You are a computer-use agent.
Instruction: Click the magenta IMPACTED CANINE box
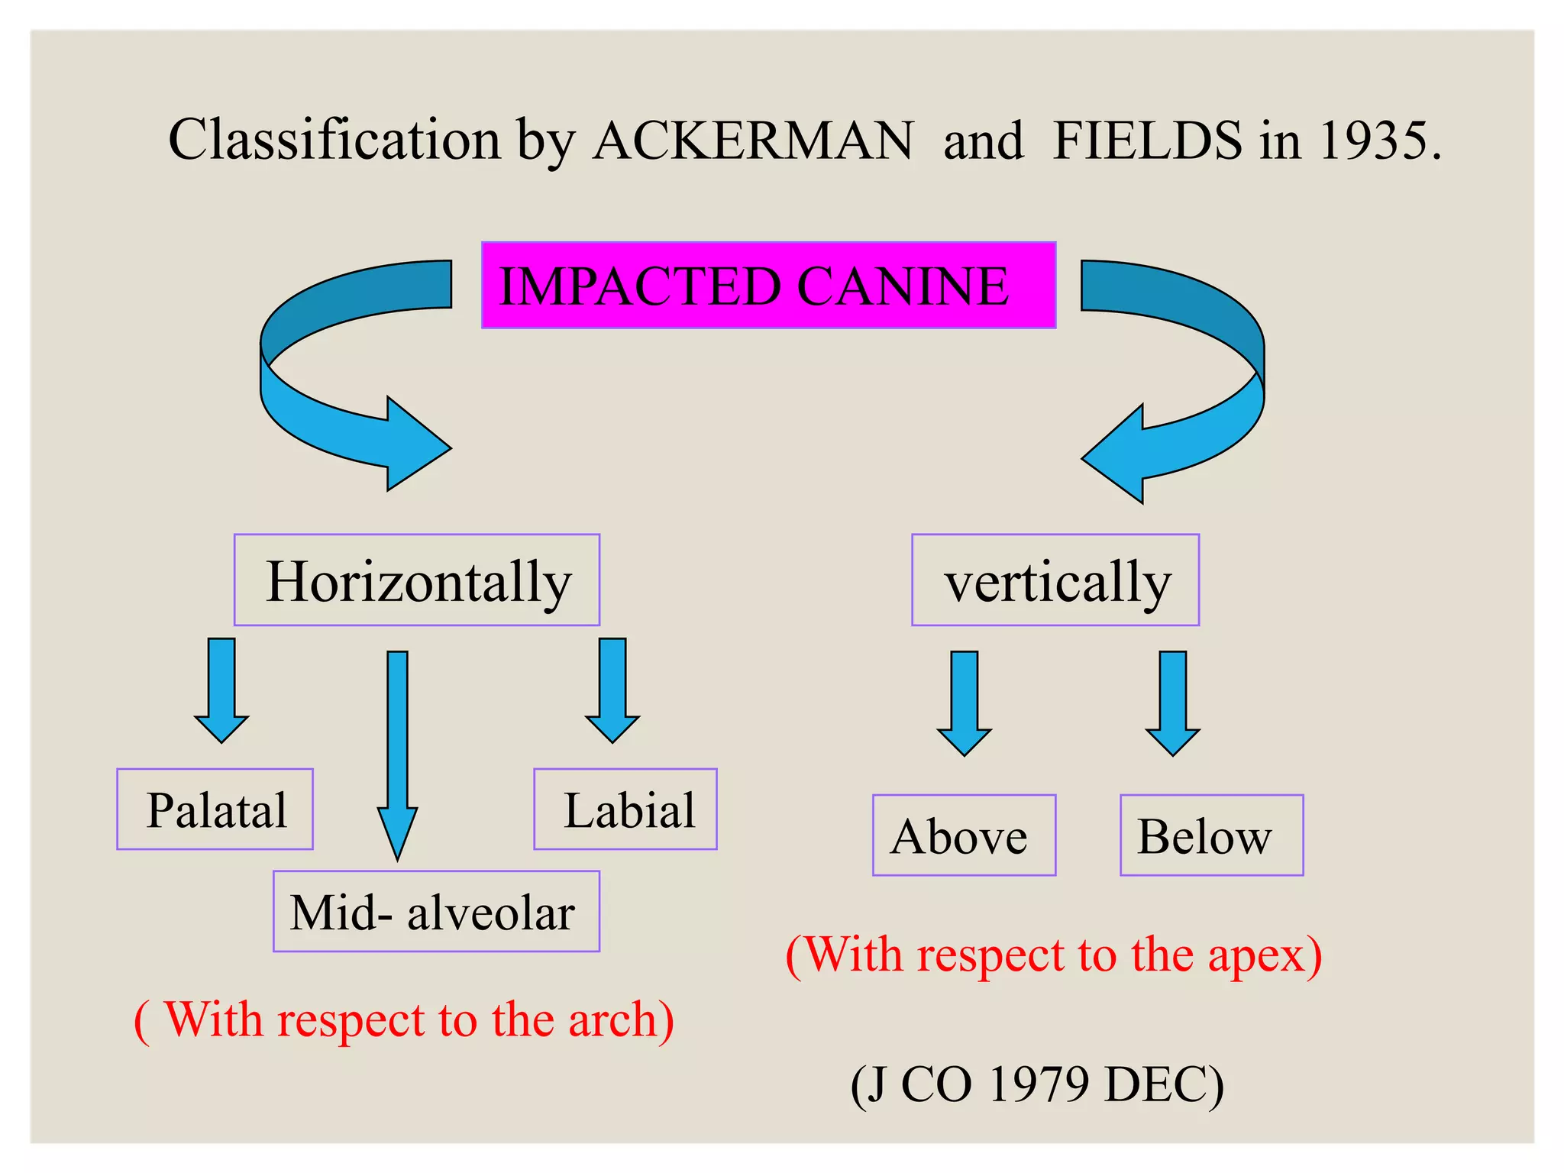(768, 286)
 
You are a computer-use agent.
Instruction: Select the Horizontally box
(417, 580)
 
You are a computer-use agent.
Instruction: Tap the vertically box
(1055, 580)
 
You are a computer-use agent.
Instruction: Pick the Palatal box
(215, 809)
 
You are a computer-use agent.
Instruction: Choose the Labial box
(625, 809)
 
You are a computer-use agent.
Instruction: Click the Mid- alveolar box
(436, 912)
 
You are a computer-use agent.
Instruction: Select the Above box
(964, 835)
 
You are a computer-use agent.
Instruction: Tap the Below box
(1211, 835)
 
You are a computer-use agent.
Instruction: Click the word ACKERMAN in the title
(753, 141)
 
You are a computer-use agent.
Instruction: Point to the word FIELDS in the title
(1147, 141)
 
